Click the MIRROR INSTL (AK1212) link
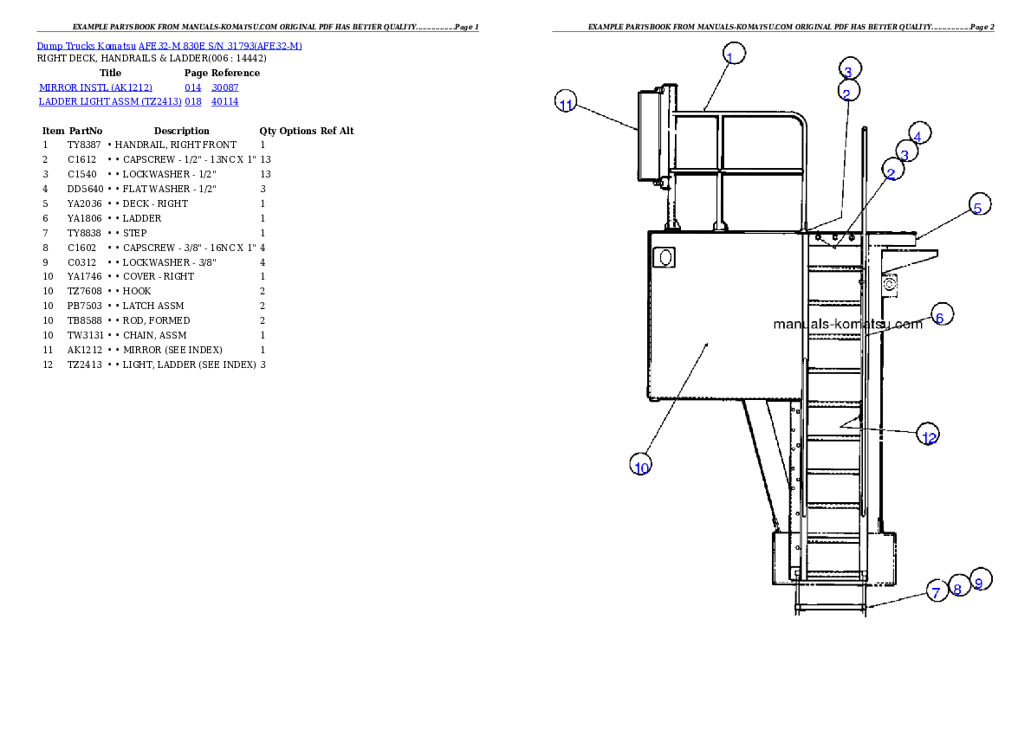pyautogui.click(x=95, y=87)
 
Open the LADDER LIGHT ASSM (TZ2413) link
pyautogui.click(x=111, y=102)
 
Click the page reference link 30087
pyautogui.click(x=225, y=87)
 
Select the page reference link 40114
pyautogui.click(x=225, y=102)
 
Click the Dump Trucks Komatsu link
pyautogui.click(x=86, y=46)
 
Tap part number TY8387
pyautogui.click(x=84, y=145)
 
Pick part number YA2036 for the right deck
pyautogui.click(x=84, y=203)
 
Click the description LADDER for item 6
pyautogui.click(x=142, y=218)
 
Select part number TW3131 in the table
pyautogui.click(x=86, y=335)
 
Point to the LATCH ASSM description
pyautogui.click(x=153, y=306)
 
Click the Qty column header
pyautogui.click(x=268, y=131)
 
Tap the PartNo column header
pyautogui.click(x=86, y=131)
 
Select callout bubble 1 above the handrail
pyautogui.click(x=734, y=53)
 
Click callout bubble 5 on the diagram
pyautogui.click(x=980, y=204)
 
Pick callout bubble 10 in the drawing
pyautogui.click(x=640, y=464)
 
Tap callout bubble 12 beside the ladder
pyautogui.click(x=928, y=434)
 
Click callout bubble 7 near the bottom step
pyautogui.click(x=937, y=590)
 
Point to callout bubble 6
pyautogui.click(x=943, y=315)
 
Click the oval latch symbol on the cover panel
pyautogui.click(x=665, y=257)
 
